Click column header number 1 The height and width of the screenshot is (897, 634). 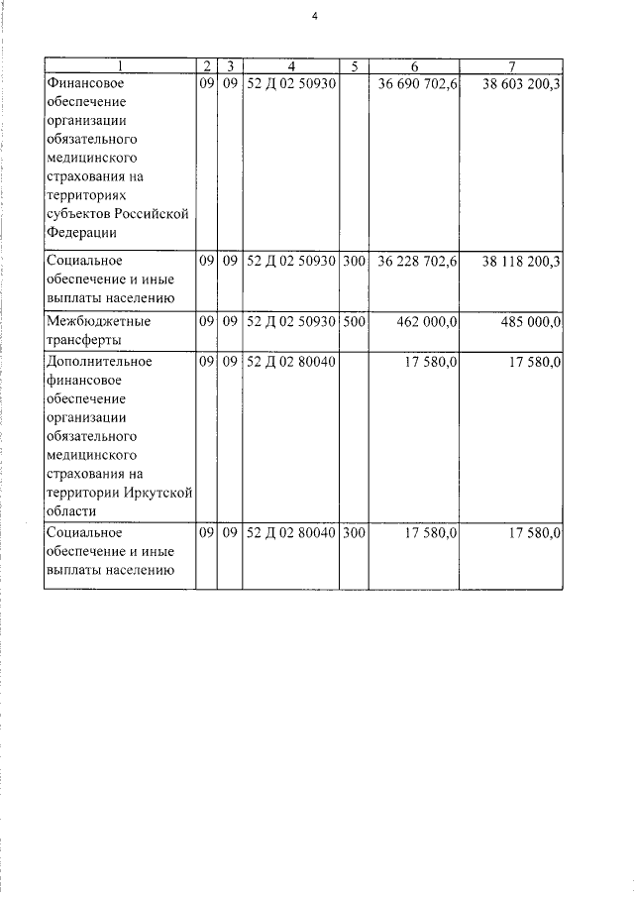(119, 66)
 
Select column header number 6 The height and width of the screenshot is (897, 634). (415, 66)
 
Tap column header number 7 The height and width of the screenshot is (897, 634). (512, 66)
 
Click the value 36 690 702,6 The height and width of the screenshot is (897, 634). (417, 84)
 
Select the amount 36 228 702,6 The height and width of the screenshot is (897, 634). (417, 261)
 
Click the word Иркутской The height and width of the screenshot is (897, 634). (158, 493)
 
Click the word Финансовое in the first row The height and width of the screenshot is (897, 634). (84, 84)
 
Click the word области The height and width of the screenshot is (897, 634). (71, 511)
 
